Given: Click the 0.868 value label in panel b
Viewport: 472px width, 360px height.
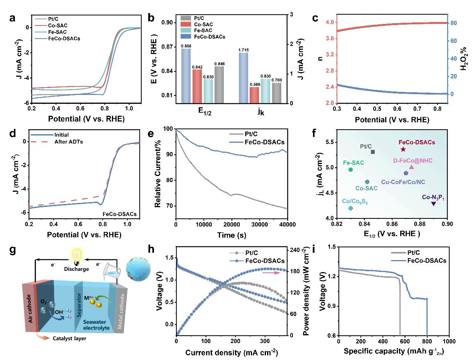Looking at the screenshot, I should [x=186, y=46].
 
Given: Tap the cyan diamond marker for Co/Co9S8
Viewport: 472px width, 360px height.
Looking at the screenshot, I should [x=350, y=208].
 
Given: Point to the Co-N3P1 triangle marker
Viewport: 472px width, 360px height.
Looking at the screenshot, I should [x=433, y=204].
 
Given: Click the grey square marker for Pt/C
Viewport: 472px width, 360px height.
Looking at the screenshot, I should [x=373, y=152].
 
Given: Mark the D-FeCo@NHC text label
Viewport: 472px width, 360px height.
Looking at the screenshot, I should [x=411, y=160].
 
